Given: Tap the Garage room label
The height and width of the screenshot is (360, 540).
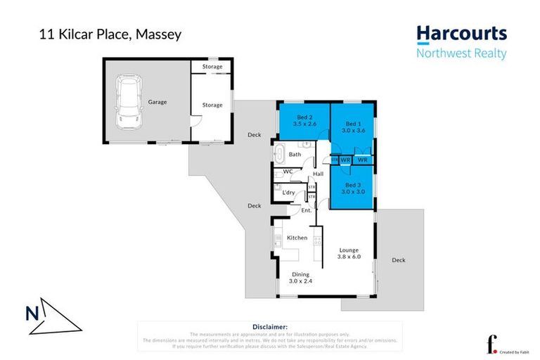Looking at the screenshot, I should coord(157,102).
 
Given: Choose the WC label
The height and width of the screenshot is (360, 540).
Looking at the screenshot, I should coord(288,172).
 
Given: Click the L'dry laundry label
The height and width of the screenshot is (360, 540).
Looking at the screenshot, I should coord(288,192).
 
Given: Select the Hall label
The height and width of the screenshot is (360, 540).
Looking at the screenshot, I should coord(318,174).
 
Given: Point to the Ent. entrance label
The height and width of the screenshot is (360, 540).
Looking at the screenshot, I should coord(307,210).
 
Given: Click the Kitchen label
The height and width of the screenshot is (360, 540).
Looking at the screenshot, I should coord(297,238).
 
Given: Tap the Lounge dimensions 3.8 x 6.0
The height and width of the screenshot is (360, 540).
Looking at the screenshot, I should coord(349,257).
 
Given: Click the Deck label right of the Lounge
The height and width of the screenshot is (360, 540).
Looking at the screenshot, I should coord(399,260).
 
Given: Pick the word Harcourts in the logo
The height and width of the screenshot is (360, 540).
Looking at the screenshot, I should coord(461,34).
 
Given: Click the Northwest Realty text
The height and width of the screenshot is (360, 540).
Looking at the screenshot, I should coord(461,53).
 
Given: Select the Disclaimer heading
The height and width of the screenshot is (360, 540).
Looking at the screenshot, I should coord(269,327).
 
